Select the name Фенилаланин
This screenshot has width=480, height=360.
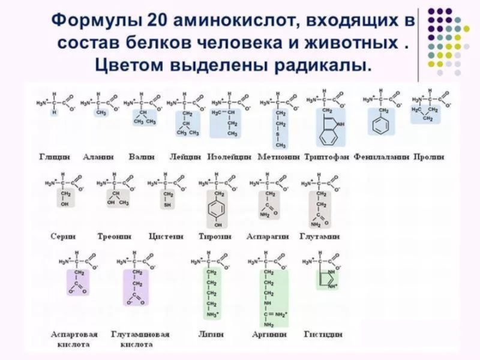(x=382, y=157)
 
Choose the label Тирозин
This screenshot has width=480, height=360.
(x=215, y=237)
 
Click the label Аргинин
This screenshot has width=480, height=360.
(x=269, y=334)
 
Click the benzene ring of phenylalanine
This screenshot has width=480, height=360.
(x=379, y=127)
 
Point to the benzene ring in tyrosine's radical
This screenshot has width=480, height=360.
(x=218, y=210)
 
